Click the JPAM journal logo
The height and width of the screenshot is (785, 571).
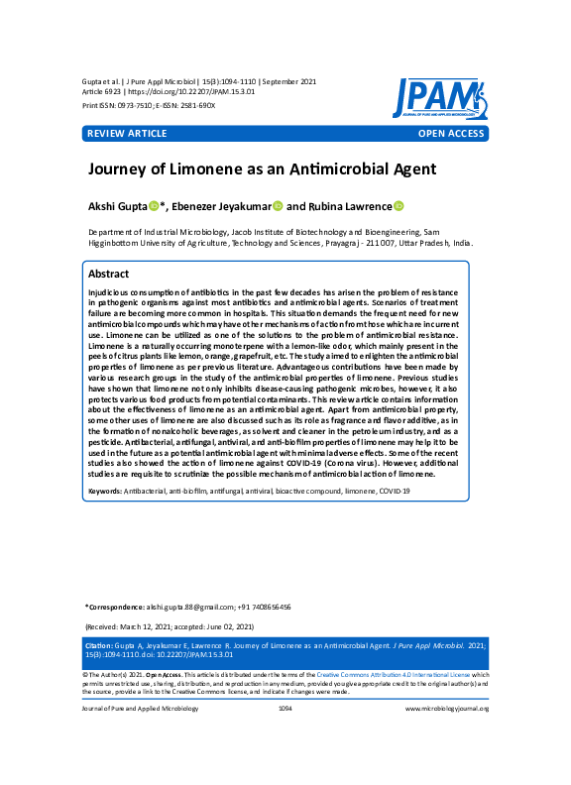[x=439, y=98]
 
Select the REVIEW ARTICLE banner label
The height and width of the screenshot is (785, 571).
[x=127, y=133]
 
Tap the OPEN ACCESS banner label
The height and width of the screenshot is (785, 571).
[x=451, y=133]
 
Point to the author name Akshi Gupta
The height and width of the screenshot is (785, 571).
[x=118, y=206]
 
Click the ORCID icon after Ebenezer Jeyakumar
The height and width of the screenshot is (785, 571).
[x=278, y=206]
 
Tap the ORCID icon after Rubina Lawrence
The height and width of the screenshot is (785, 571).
[x=399, y=206]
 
